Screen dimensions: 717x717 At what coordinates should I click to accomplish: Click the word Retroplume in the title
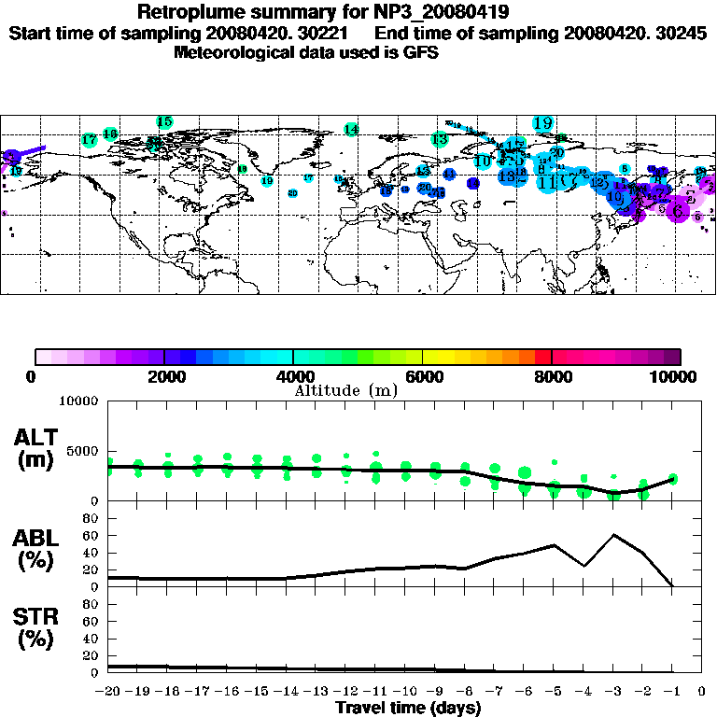(x=192, y=12)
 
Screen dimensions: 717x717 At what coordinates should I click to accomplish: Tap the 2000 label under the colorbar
(x=162, y=376)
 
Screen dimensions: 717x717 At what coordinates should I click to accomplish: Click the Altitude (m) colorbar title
(x=345, y=390)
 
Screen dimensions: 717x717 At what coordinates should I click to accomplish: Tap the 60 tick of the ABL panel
(x=91, y=535)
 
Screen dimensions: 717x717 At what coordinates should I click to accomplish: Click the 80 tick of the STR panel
(x=91, y=603)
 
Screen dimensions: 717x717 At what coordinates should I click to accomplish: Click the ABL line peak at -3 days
(x=613, y=535)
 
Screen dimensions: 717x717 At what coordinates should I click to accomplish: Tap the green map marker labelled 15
(x=165, y=122)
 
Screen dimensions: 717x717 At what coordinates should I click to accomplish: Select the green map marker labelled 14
(x=351, y=129)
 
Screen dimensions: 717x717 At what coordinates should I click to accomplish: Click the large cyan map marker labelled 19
(x=542, y=122)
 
